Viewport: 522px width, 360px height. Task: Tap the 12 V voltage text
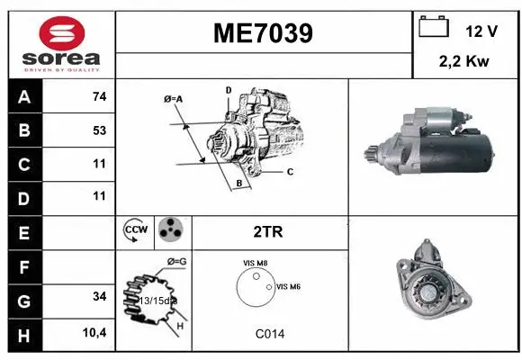click(x=481, y=31)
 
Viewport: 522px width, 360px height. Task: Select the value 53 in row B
click(x=99, y=130)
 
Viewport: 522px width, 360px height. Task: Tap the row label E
click(x=24, y=231)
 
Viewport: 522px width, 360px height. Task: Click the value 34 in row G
click(x=99, y=296)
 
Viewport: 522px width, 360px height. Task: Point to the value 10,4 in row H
click(x=95, y=333)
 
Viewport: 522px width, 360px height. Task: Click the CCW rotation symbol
click(x=135, y=230)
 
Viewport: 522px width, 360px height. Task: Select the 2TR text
click(x=269, y=231)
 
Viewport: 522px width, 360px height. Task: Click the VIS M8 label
click(x=255, y=262)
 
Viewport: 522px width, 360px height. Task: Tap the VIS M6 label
click(x=287, y=286)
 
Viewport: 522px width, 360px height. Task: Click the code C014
click(x=269, y=333)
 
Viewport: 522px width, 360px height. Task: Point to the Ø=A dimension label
click(x=174, y=99)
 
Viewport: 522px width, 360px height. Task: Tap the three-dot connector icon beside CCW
click(x=169, y=230)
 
